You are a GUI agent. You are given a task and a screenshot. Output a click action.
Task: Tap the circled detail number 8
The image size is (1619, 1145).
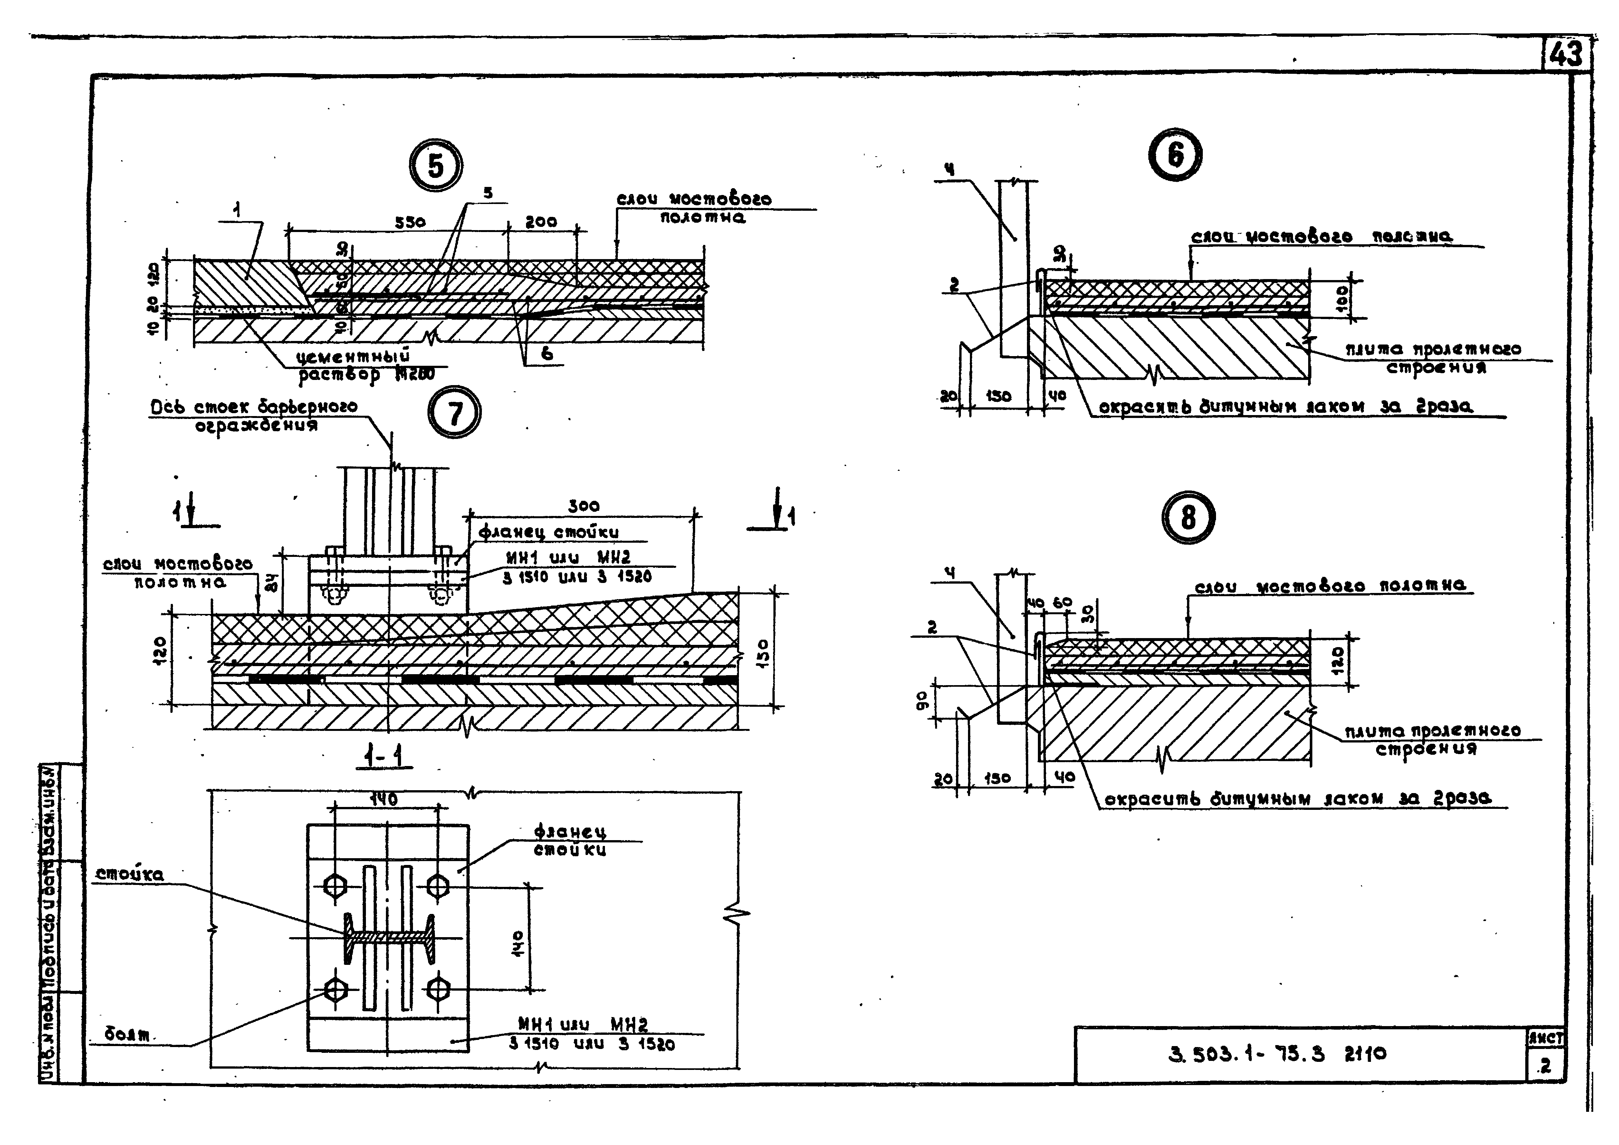click(x=1188, y=517)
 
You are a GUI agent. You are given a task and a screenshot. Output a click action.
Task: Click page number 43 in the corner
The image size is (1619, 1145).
click(x=1567, y=54)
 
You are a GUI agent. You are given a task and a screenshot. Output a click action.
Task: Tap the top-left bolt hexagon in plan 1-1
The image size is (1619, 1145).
click(x=334, y=885)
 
